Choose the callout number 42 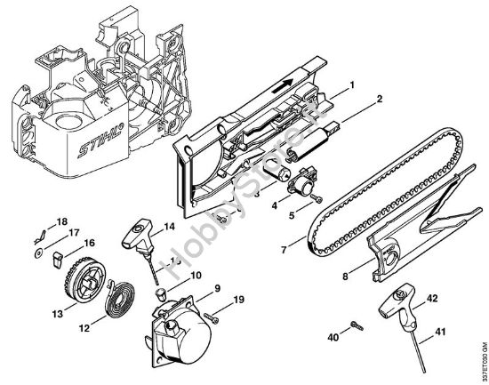(432, 299)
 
